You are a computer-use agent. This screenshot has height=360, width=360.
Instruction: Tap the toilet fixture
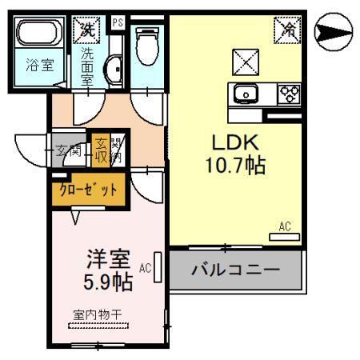[146, 46]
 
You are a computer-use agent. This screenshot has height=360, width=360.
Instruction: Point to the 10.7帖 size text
[234, 166]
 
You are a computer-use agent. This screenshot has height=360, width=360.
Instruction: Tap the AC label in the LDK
[286, 227]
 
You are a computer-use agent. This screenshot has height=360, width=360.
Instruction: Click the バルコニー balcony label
[236, 269]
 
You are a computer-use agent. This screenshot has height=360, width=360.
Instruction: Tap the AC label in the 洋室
[145, 268]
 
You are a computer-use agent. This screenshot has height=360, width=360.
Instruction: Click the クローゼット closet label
[88, 190]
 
